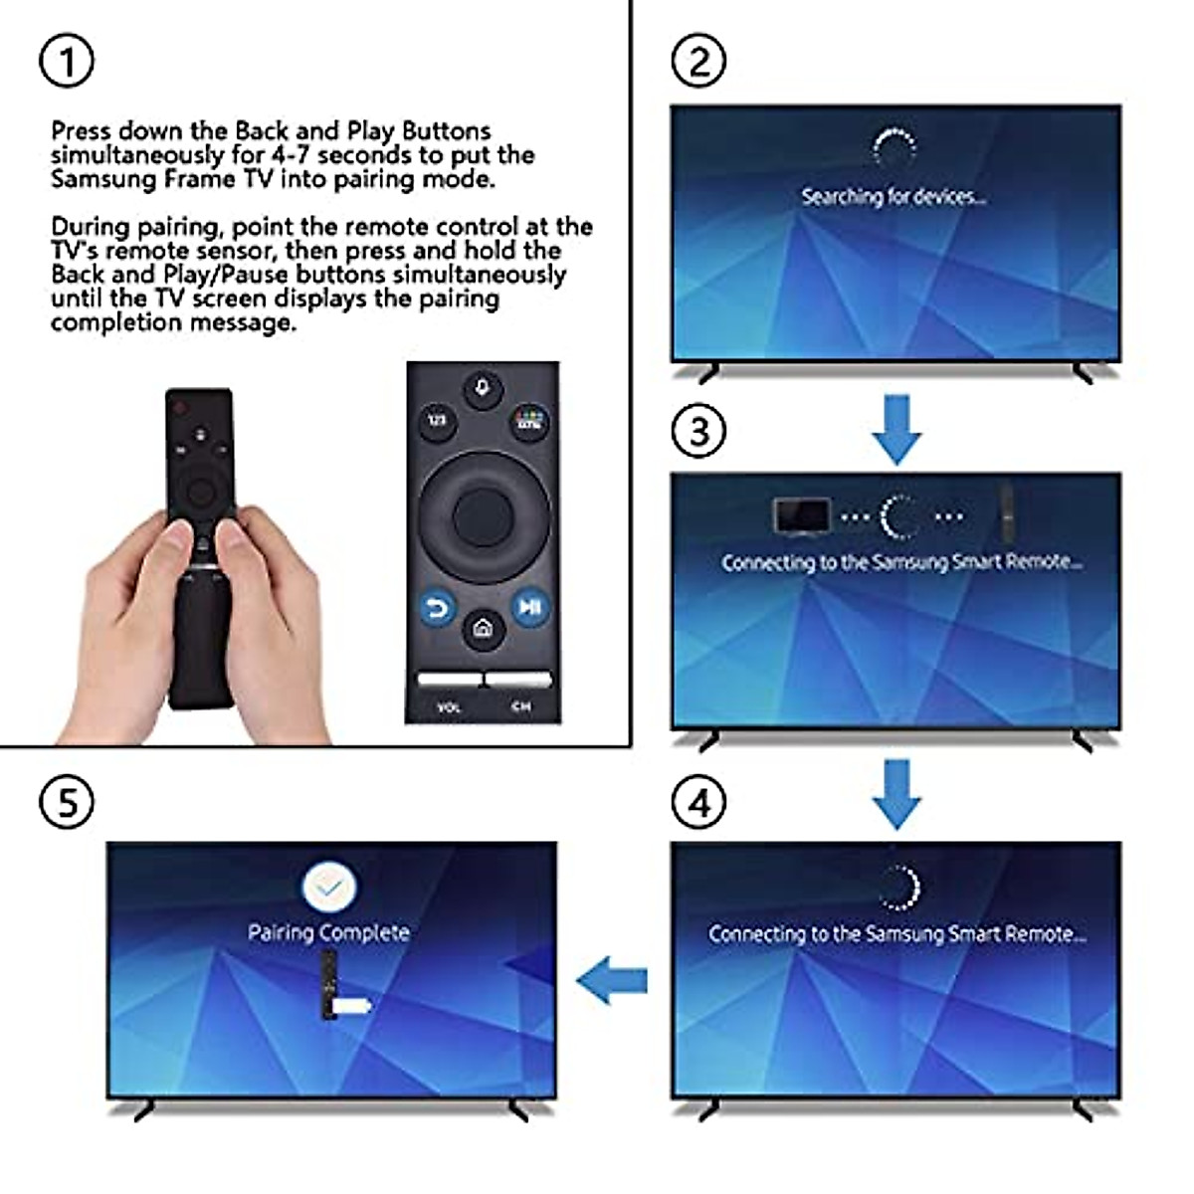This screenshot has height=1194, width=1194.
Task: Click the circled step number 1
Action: point(67,62)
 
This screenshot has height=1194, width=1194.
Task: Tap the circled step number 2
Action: point(699,62)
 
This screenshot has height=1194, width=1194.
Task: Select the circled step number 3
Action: point(699,432)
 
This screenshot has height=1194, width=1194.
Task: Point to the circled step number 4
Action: point(699,802)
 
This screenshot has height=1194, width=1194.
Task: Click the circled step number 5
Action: point(67,802)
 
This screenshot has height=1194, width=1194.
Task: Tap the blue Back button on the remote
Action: point(436,607)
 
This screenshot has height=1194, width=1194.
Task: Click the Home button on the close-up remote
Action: point(483,629)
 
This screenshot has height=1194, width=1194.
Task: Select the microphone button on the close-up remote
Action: point(483,388)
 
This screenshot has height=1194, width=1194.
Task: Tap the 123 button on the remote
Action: point(436,421)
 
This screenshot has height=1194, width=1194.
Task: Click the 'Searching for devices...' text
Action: point(894,197)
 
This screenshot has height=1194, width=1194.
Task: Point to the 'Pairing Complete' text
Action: point(328,933)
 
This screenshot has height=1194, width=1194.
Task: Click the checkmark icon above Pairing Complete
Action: point(329,886)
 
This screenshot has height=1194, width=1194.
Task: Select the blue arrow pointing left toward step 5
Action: point(612,982)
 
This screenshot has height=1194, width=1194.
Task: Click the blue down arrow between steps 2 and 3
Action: point(896,429)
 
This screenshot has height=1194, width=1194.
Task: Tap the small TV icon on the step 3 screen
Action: point(801,515)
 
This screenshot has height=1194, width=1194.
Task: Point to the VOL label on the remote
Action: point(449,707)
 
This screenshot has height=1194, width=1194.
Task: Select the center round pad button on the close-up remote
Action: point(483,514)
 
